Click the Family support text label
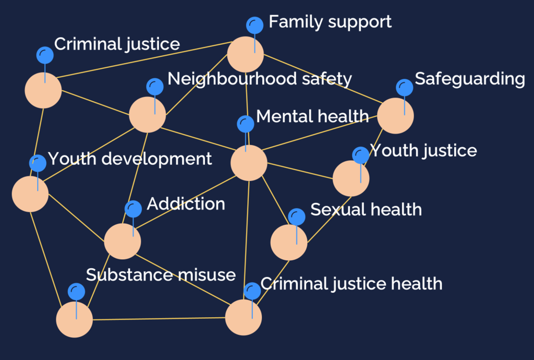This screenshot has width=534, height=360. pos(330,22)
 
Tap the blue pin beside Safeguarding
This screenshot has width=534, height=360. pos(405,88)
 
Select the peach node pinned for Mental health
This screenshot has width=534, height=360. pos(249,163)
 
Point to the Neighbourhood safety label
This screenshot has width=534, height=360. pos(259,79)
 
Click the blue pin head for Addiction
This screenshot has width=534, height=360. pos(133,209)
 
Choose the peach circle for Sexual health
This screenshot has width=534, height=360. pos(289,242)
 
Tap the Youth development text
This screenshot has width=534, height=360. pos(130,159)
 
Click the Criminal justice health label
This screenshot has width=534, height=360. pos(351,284)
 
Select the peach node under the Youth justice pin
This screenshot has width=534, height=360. pos(350,178)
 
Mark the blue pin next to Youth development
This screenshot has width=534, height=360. pos(38,163)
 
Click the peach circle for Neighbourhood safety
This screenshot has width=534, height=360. pos(147,114)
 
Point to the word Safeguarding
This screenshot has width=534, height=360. pos(469,79)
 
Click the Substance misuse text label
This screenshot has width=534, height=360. pos(161,275)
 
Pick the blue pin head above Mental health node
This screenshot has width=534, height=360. pos(246,124)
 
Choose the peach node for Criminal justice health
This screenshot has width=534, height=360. pos(243,317)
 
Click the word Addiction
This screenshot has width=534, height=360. pos(186,203)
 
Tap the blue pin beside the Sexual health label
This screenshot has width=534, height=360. pos(297,217)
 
